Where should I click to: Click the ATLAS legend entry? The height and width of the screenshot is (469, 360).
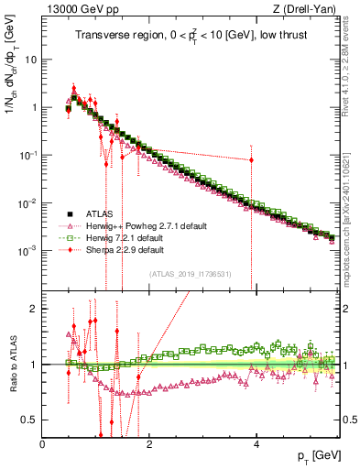pos(104,213)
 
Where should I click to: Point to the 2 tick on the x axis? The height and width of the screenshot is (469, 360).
pos(150,442)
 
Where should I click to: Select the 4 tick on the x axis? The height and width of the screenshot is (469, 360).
pos(256,442)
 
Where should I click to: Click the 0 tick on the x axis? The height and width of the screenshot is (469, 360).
pos(43,442)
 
